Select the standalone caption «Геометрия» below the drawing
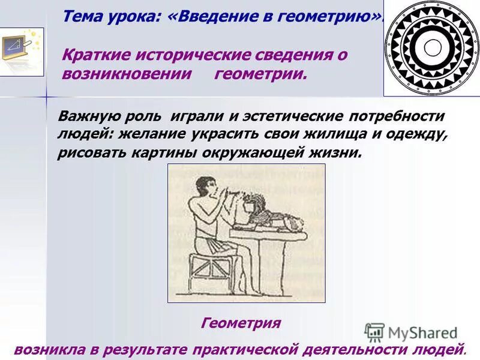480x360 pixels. tap(241, 323)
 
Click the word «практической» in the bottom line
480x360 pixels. tap(259, 348)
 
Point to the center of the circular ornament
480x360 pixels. tap(431, 47)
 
